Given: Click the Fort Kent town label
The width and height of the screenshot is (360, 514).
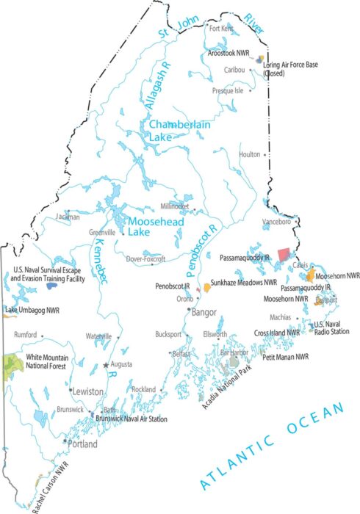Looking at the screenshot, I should [220, 29].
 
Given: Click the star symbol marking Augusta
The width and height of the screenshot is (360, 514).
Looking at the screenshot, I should [106, 364].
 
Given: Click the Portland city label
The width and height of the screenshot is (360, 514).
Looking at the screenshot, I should [82, 444].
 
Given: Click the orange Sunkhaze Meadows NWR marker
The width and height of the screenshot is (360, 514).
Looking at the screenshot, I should [207, 288].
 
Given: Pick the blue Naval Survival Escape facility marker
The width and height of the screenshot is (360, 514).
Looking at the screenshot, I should [51, 286].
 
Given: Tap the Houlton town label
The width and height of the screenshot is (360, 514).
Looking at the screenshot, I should [250, 154].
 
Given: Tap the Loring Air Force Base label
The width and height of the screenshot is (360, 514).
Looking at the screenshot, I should [292, 68].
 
